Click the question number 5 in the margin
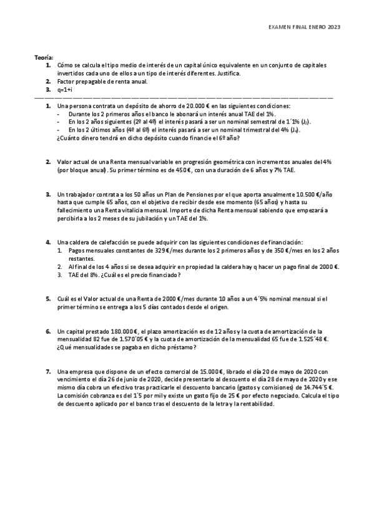(x=48, y=298)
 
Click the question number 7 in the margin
(x=48, y=371)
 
